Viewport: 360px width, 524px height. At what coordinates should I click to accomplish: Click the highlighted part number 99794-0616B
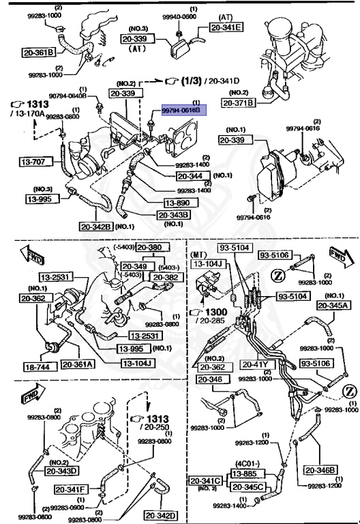coord(181,109)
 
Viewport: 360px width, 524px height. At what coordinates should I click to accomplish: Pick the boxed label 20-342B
coord(95,227)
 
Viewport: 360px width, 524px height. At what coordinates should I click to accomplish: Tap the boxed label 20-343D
coord(63,469)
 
